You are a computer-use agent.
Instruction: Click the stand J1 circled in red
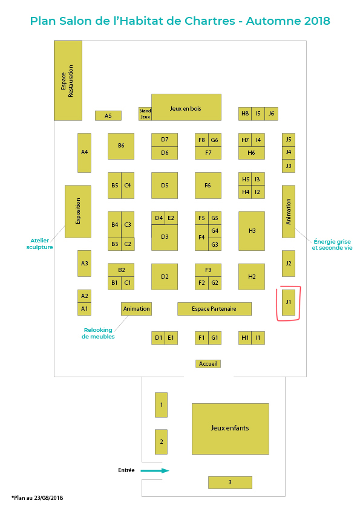[289, 302]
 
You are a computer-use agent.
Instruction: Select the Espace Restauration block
[68, 80]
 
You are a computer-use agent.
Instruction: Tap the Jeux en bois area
[186, 108]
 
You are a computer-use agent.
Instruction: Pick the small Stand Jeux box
[145, 114]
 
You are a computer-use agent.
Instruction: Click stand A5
[108, 115]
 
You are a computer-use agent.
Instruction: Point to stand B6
[121, 146]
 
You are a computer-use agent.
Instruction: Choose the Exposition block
[78, 212]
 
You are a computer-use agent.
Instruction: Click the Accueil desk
[208, 363]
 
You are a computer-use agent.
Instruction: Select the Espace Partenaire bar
[214, 309]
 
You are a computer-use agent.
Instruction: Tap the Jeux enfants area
[231, 429]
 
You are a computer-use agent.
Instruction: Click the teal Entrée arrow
[155, 470]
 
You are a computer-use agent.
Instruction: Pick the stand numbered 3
[230, 482]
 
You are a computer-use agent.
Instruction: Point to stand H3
[252, 231]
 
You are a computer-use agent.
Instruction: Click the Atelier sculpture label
[40, 244]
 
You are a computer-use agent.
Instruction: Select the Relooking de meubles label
[98, 333]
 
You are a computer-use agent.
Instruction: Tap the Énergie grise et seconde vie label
[332, 245]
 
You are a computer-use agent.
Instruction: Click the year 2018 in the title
[317, 21]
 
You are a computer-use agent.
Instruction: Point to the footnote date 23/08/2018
[49, 498]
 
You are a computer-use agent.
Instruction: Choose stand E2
[171, 218]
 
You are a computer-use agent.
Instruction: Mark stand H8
[245, 114]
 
